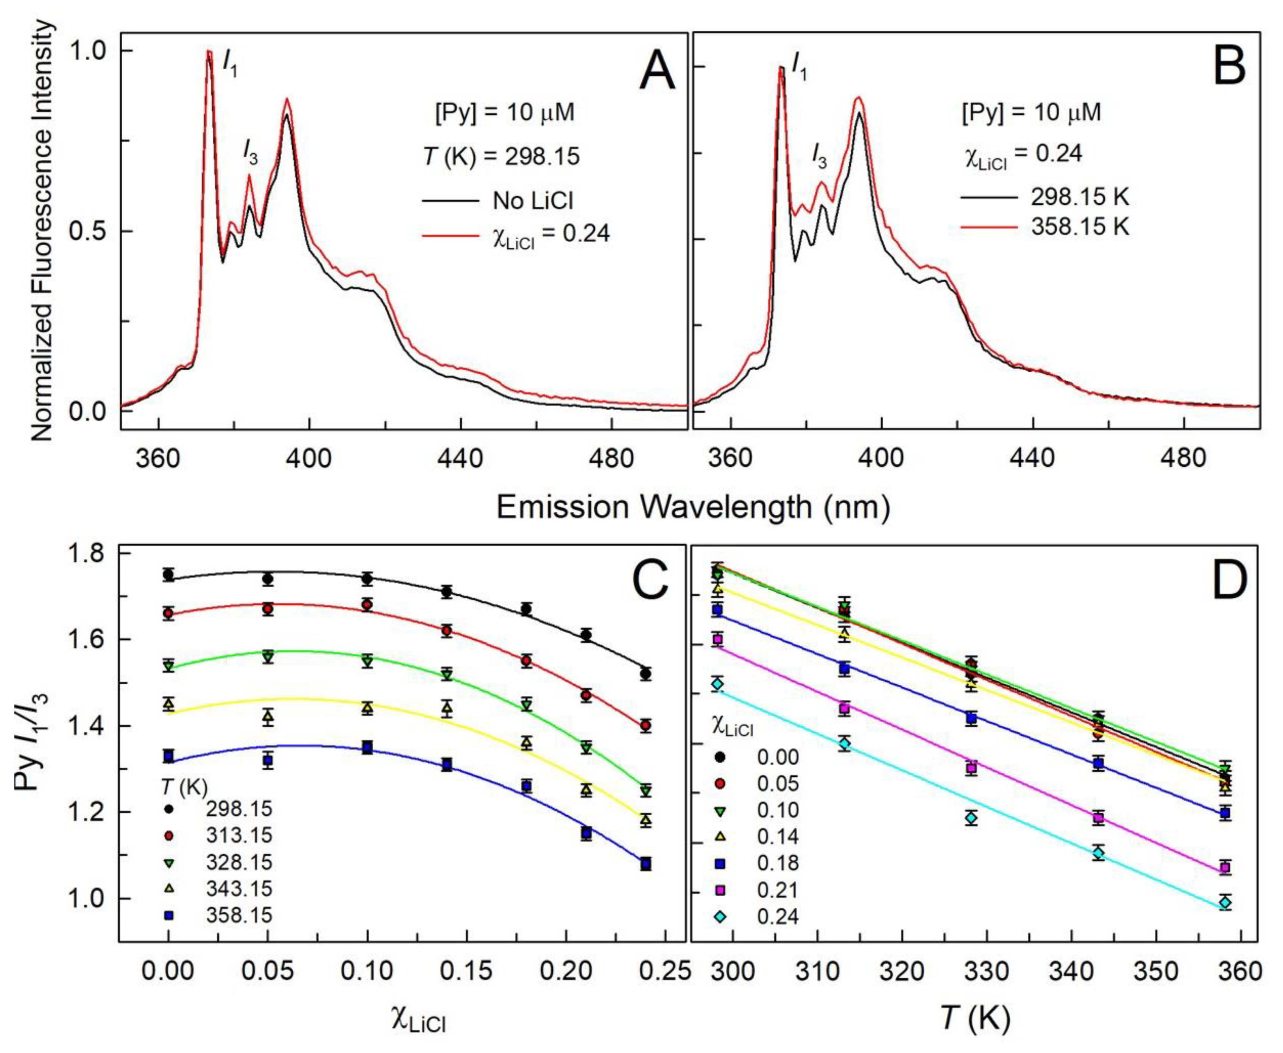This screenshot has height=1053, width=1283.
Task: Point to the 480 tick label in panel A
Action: (613, 459)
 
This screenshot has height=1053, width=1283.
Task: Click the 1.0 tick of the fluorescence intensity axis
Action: (89, 51)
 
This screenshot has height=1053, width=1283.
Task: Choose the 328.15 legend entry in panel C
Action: (239, 862)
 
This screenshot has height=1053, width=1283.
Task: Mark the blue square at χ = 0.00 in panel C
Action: (168, 756)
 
